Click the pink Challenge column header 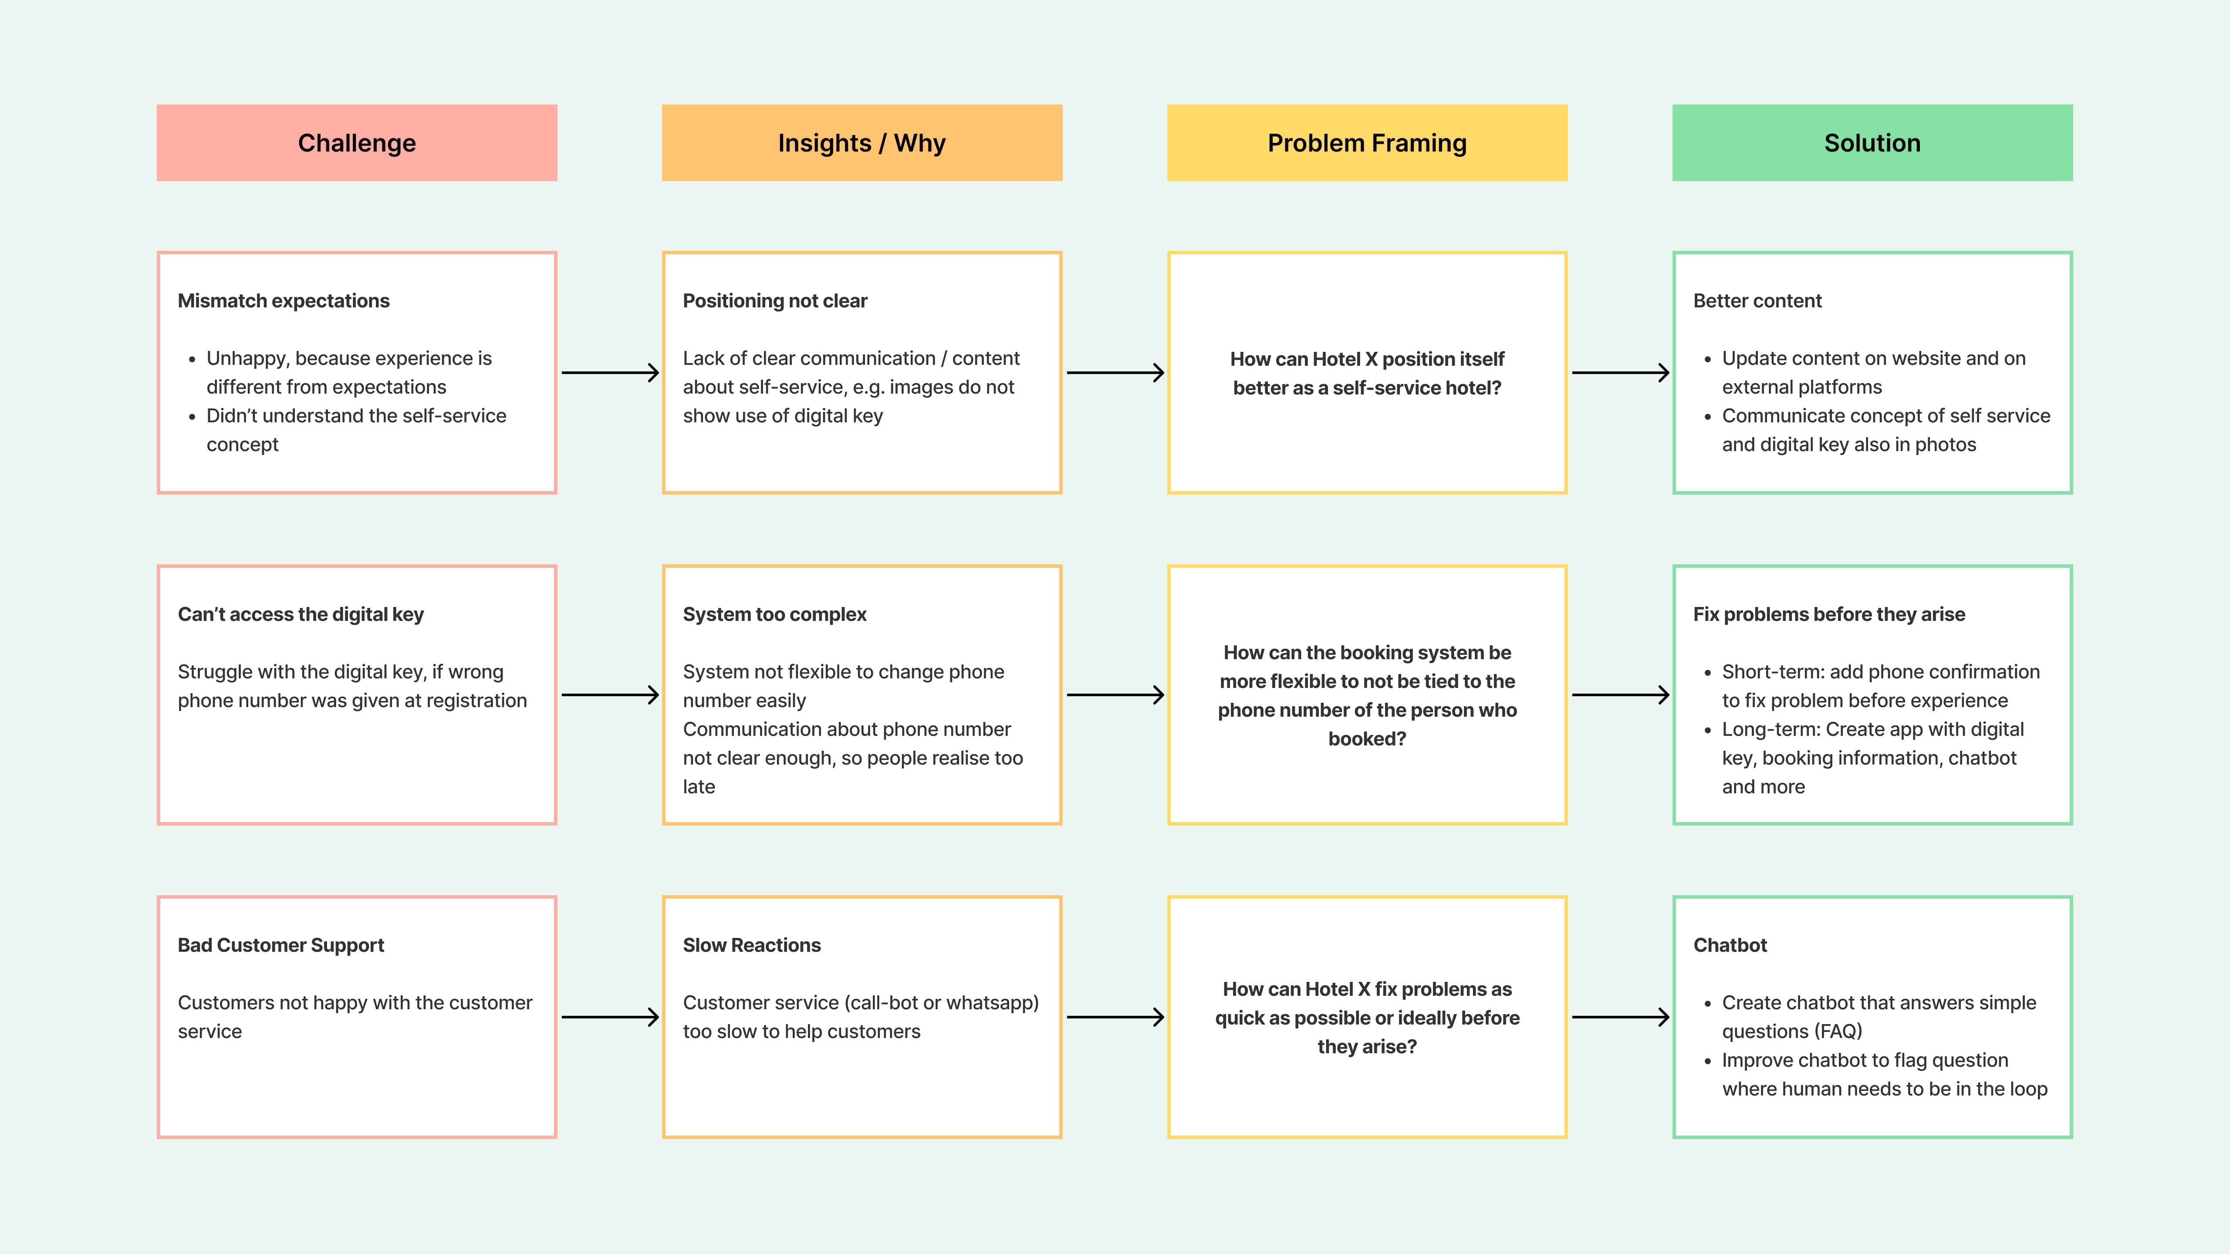tap(357, 143)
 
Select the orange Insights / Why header tap(862, 143)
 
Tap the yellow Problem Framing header tap(1367, 143)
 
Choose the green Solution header tap(1872, 143)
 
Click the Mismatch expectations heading tap(283, 300)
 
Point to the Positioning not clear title tap(775, 300)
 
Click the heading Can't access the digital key tap(301, 614)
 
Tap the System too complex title tap(774, 614)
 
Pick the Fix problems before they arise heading tap(1828, 614)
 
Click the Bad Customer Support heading tap(280, 945)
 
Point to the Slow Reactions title tap(751, 945)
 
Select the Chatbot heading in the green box tap(1730, 945)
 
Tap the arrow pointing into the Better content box tap(1620, 373)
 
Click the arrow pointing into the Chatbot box tap(1620, 1017)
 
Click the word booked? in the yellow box tap(1367, 738)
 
